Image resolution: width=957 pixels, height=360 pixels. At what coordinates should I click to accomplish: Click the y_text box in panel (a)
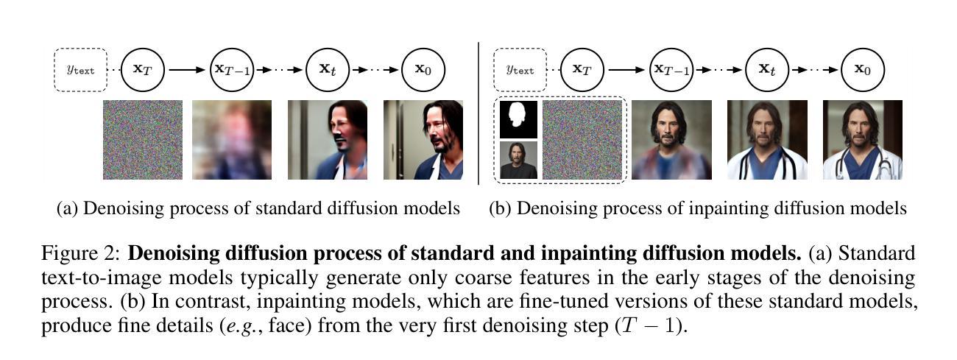[x=80, y=70]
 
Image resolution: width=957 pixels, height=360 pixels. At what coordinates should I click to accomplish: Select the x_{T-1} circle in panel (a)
[x=232, y=70]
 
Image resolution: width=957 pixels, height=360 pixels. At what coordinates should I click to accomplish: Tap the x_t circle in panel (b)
[x=767, y=70]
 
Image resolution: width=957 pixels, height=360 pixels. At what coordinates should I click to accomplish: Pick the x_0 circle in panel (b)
[x=862, y=70]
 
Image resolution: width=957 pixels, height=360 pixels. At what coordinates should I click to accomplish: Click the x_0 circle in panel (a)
[x=423, y=70]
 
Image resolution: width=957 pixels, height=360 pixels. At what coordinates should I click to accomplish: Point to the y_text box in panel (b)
[x=520, y=70]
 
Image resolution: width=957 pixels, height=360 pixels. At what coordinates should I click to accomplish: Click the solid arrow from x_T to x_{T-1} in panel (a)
[x=187, y=70]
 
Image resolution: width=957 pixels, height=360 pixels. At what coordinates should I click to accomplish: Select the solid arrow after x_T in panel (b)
[x=626, y=70]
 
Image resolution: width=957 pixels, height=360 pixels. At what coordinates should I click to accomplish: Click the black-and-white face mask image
[x=518, y=119]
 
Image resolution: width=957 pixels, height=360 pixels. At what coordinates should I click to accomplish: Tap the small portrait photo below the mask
[x=518, y=160]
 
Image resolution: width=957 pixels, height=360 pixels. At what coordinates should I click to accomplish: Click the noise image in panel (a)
[x=143, y=140]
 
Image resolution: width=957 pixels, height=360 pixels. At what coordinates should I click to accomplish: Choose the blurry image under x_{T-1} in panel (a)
[x=232, y=140]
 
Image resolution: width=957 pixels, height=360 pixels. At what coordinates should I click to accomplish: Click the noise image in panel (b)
[x=582, y=140]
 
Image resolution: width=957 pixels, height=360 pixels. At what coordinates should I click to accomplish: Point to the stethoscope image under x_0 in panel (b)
[x=862, y=140]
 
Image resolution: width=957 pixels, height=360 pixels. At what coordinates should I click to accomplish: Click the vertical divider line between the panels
[x=479, y=110]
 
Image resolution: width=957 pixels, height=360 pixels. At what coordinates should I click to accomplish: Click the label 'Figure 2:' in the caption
[x=80, y=255]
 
